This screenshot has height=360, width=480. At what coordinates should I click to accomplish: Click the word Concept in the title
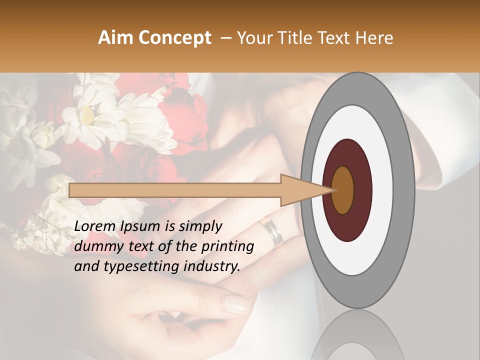click(174, 38)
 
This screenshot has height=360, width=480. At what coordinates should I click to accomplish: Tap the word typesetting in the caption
click(134, 267)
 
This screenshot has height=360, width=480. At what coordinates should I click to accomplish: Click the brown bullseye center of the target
click(343, 190)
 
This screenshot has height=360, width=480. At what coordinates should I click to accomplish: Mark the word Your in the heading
click(253, 38)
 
